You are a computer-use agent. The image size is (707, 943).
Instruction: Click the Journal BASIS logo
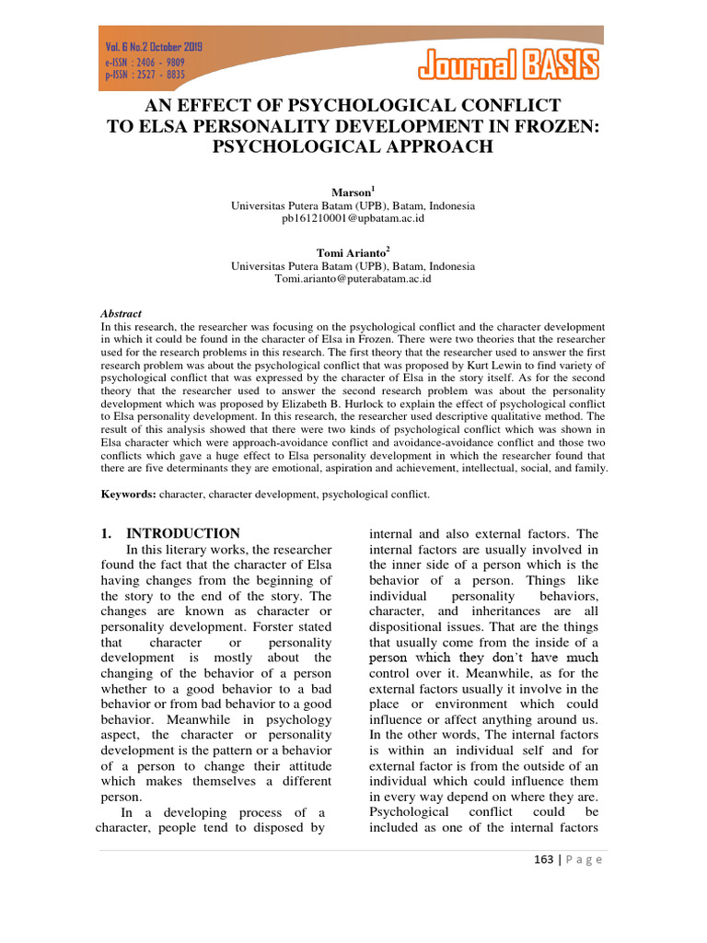pos(509,64)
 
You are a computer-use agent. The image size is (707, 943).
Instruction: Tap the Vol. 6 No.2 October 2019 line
pos(154,46)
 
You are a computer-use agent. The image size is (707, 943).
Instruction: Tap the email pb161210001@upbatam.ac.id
pos(353,219)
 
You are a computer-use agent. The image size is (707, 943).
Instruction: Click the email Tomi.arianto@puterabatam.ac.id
pos(353,278)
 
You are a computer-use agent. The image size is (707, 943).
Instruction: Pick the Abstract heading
pos(121,313)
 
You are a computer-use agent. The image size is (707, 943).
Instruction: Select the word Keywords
pos(127,495)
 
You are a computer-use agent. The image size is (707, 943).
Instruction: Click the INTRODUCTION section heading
pos(183,533)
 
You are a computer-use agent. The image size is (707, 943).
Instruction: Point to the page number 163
pos(543,859)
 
